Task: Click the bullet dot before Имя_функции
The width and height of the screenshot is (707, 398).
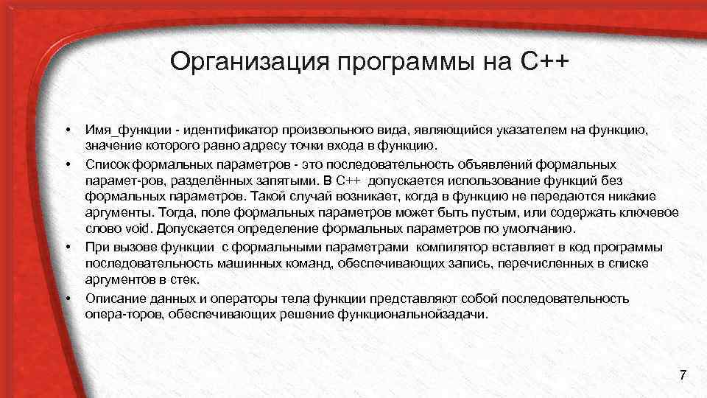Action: tap(67, 130)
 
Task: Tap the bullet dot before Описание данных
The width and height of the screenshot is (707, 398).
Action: tap(67, 298)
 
